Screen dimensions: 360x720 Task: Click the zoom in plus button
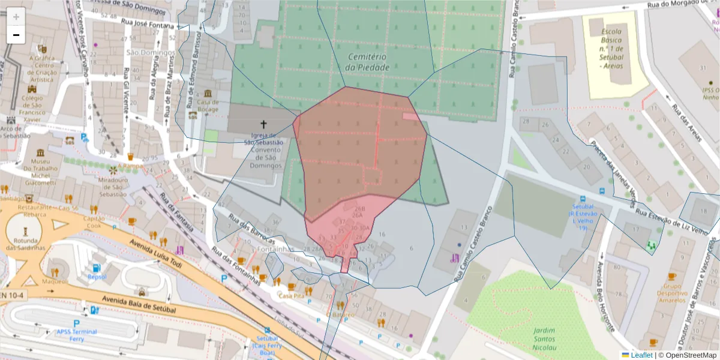(16, 16)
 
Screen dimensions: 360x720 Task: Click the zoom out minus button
(16, 35)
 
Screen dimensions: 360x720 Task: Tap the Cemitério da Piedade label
(368, 62)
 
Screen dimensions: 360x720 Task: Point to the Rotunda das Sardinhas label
(25, 244)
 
